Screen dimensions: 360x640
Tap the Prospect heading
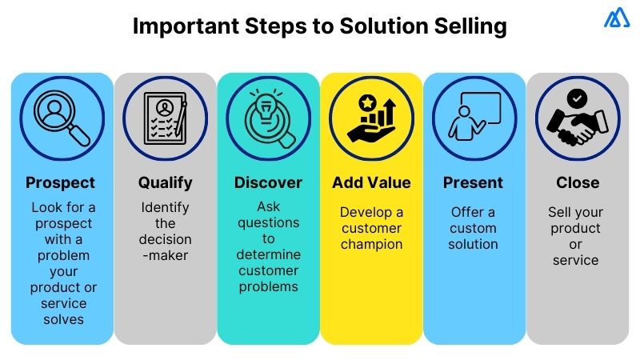[60, 182]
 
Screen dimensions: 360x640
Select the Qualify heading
[166, 182]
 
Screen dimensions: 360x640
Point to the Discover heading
[268, 182]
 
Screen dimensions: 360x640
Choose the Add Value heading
[371, 182]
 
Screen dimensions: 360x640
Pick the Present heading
[473, 182]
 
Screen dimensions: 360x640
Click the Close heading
[577, 182]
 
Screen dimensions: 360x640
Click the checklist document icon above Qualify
[166, 118]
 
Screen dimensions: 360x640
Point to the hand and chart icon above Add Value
[371, 118]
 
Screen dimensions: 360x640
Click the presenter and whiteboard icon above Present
[474, 118]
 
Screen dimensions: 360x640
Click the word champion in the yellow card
[371, 244]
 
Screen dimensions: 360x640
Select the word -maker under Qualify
[166, 255]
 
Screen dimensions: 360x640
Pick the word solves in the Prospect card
[62, 320]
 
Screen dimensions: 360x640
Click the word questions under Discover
[268, 223]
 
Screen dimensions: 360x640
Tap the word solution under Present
[473, 244]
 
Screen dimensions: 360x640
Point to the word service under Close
[576, 260]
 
